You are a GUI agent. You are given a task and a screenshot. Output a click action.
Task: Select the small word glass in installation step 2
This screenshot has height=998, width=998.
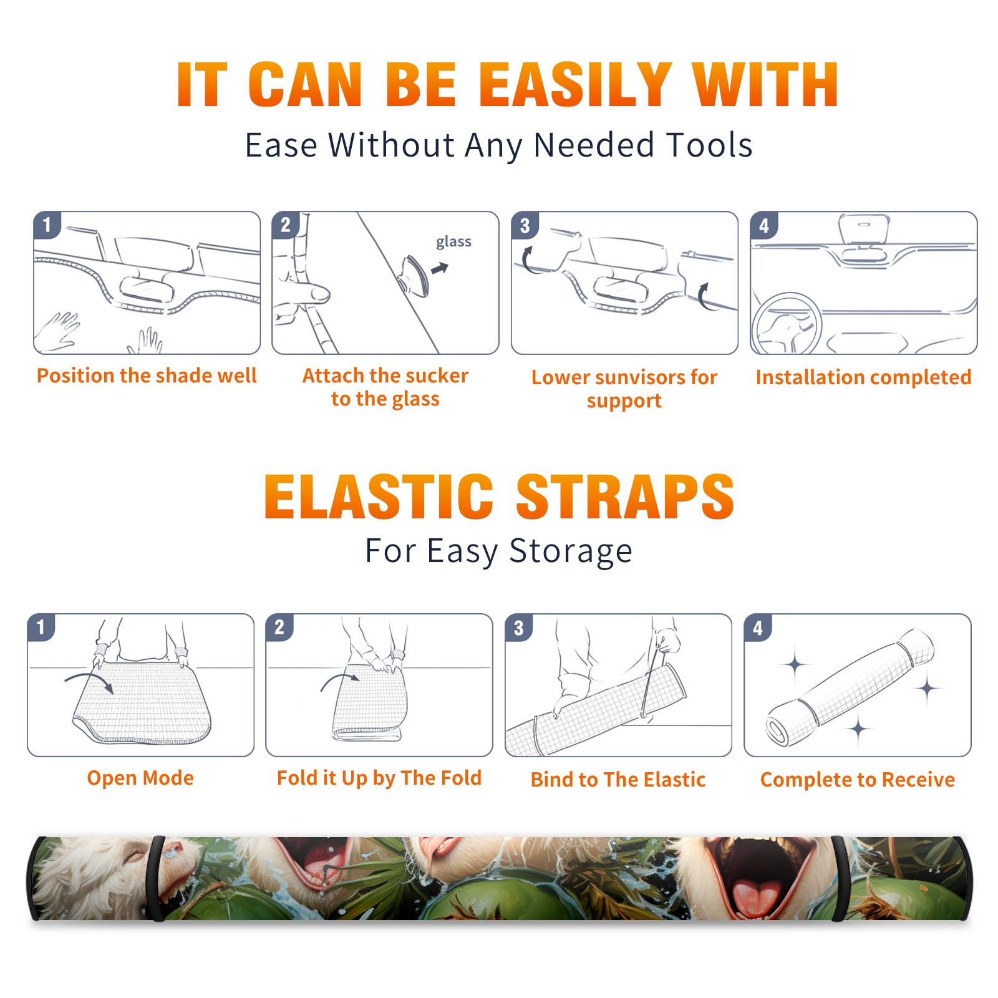click(x=453, y=242)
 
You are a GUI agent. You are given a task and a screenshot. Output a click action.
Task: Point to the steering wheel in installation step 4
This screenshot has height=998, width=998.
click(x=786, y=325)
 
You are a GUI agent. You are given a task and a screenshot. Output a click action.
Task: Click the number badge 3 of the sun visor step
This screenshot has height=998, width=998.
click(x=525, y=226)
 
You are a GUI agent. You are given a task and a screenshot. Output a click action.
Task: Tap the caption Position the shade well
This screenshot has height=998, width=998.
click(x=147, y=375)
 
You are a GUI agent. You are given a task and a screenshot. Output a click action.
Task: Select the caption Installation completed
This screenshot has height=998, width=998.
click(x=863, y=377)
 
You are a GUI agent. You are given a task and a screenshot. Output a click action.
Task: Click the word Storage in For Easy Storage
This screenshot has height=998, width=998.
click(x=571, y=551)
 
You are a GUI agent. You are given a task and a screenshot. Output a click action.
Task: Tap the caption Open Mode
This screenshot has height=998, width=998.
click(x=140, y=778)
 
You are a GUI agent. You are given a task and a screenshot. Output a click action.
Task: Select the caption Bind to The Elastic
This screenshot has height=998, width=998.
click(x=618, y=780)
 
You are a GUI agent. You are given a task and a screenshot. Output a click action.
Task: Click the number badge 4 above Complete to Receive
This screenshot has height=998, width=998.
click(x=758, y=628)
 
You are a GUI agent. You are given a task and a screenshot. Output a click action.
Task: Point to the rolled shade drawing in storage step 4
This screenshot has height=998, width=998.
click(x=850, y=687)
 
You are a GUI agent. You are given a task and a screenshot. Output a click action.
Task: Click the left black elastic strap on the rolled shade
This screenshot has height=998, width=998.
click(x=157, y=878)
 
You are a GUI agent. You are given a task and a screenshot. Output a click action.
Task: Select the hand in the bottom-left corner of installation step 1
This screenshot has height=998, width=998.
click(x=57, y=331)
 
